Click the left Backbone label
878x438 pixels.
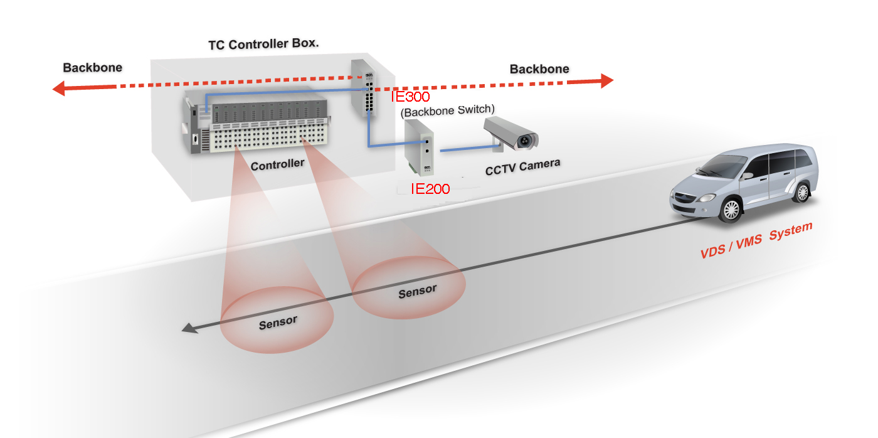92,68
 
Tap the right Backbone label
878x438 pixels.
539,69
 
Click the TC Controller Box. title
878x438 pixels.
263,45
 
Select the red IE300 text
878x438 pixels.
410,97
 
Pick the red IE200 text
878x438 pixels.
430,188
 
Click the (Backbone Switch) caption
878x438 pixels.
447,110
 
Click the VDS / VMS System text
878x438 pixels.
756,240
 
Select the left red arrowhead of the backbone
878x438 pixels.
60,88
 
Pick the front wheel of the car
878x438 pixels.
731,209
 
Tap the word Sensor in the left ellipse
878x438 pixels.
278,323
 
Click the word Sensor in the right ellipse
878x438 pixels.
417,291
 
